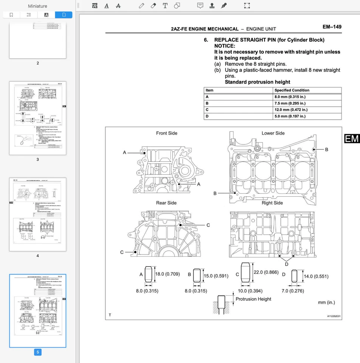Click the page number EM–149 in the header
coord(332,27)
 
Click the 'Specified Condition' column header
coord(292,90)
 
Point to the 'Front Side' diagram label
coord(167,133)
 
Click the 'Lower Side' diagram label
coord(273,133)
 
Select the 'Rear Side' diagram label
coord(166,203)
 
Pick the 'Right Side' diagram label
coord(272,203)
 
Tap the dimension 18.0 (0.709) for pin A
coord(167,274)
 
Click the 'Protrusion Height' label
coord(253,299)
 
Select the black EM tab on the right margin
coord(352,139)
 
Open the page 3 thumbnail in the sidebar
coord(38,118)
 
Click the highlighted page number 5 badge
coord(37,352)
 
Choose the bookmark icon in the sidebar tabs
coord(11,15)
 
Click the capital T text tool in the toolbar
coord(165,6)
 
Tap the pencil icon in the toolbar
coord(141,6)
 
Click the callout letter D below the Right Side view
coord(286,264)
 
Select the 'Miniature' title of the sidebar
coord(38,6)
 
